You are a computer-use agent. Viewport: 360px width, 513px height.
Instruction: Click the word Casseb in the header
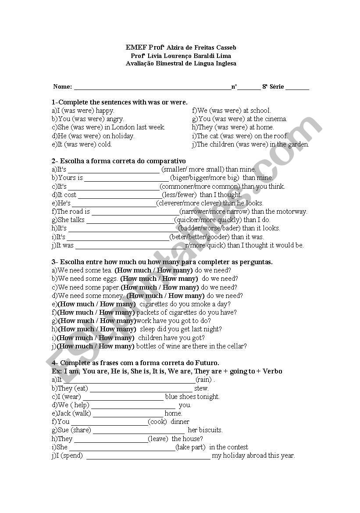click(x=225, y=47)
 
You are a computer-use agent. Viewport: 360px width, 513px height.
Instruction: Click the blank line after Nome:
click(x=152, y=87)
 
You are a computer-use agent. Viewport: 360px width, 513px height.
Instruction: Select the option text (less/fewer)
click(x=180, y=195)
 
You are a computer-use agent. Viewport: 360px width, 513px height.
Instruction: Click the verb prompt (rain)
click(x=204, y=380)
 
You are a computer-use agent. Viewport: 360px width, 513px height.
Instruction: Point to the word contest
click(x=237, y=447)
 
